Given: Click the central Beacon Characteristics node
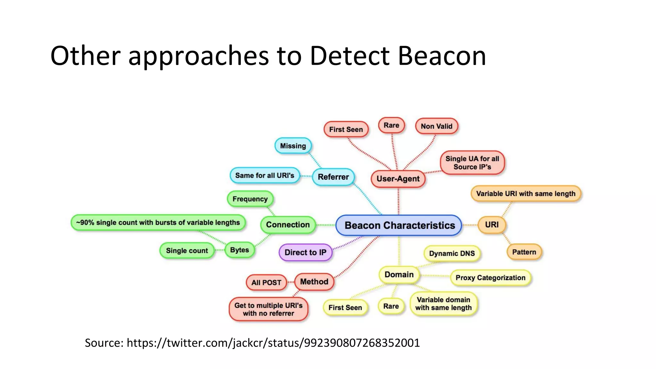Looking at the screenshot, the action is pos(399,225).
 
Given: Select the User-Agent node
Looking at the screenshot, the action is pos(398,179).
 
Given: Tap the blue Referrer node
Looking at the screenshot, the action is pos(333,177).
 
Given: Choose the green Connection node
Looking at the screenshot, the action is pos(288,225).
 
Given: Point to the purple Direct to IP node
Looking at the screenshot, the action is pos(305,252).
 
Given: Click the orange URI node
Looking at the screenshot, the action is pos(492,225).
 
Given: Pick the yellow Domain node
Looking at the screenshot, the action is pos(399,275).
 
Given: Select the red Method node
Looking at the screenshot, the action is pos(314,282).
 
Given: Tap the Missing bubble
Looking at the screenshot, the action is pos(293,146).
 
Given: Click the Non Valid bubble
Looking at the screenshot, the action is pos(436,126).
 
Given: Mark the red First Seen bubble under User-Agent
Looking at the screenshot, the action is pos(346,129).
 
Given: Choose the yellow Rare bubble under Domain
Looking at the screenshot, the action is pos(391,306).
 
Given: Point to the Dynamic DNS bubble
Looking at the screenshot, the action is pos(452,253).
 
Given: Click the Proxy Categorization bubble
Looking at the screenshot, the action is pos(490,278).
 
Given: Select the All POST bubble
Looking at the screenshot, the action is pos(266,283).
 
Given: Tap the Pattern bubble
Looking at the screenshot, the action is pos(524,252).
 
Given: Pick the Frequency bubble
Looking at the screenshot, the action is pos(250,199).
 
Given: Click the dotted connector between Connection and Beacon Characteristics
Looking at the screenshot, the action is pos(325,225).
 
